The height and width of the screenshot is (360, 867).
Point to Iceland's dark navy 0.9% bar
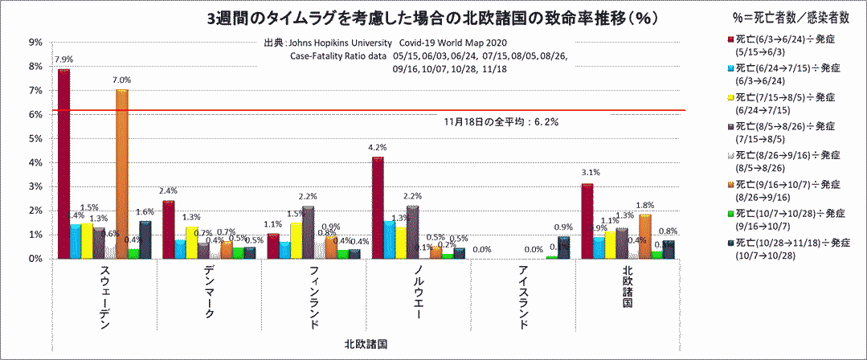pyautogui.click(x=564, y=247)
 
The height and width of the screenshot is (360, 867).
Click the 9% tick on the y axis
pyautogui.click(x=37, y=43)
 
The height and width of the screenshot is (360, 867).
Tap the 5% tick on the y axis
pyautogui.click(x=37, y=139)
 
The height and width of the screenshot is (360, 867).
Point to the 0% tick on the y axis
pyautogui.click(x=37, y=259)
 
